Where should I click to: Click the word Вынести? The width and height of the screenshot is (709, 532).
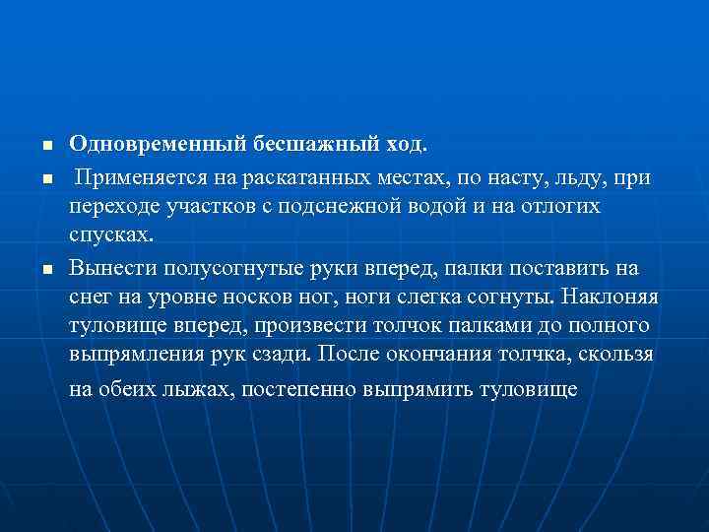pyautogui.click(x=106, y=268)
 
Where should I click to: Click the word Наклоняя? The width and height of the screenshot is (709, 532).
pyautogui.click(x=615, y=298)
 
